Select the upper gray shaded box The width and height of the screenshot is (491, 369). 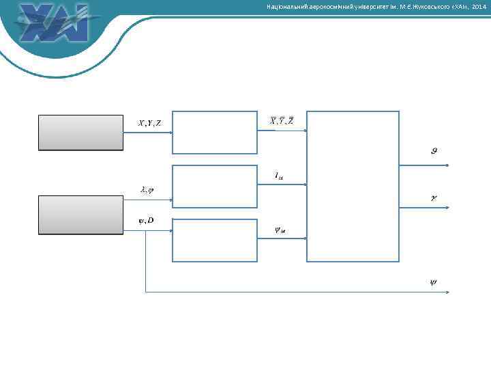point(80,132)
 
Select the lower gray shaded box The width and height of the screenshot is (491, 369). point(80,215)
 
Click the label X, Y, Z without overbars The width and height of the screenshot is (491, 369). point(150,123)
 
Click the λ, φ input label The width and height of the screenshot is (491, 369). point(147,190)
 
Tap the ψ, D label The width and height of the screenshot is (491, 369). point(146,220)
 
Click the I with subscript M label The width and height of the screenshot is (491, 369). point(280,176)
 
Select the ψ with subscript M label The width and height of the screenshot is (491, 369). point(280,230)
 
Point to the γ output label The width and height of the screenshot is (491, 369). point(434,198)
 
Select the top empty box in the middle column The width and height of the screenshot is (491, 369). point(215,132)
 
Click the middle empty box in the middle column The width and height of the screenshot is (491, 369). point(215,185)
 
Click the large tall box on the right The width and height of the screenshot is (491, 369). point(353,186)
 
